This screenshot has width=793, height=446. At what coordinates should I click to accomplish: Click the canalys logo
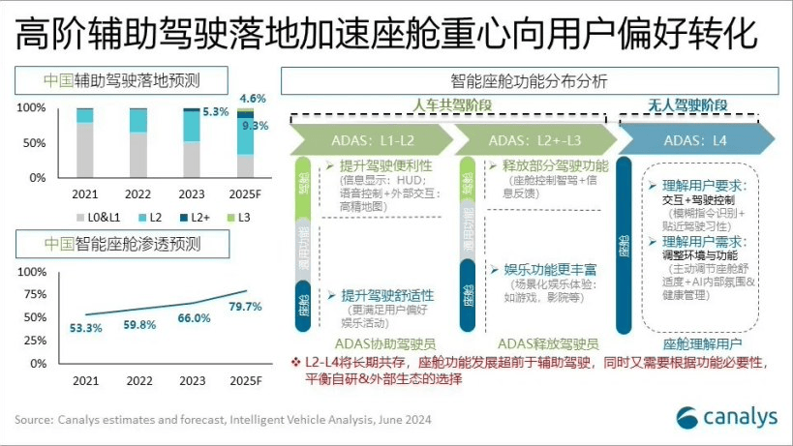pyautogui.click(x=726, y=418)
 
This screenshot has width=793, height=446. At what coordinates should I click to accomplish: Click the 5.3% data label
pyautogui.click(x=216, y=112)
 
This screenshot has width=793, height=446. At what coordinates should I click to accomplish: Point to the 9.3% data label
pyautogui.click(x=255, y=126)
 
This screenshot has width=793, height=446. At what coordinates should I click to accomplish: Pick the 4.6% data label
pyautogui.click(x=253, y=99)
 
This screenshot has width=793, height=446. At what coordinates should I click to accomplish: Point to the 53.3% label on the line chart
pyautogui.click(x=85, y=328)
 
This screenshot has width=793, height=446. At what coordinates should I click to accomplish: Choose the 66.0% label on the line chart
pyautogui.click(x=194, y=318)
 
